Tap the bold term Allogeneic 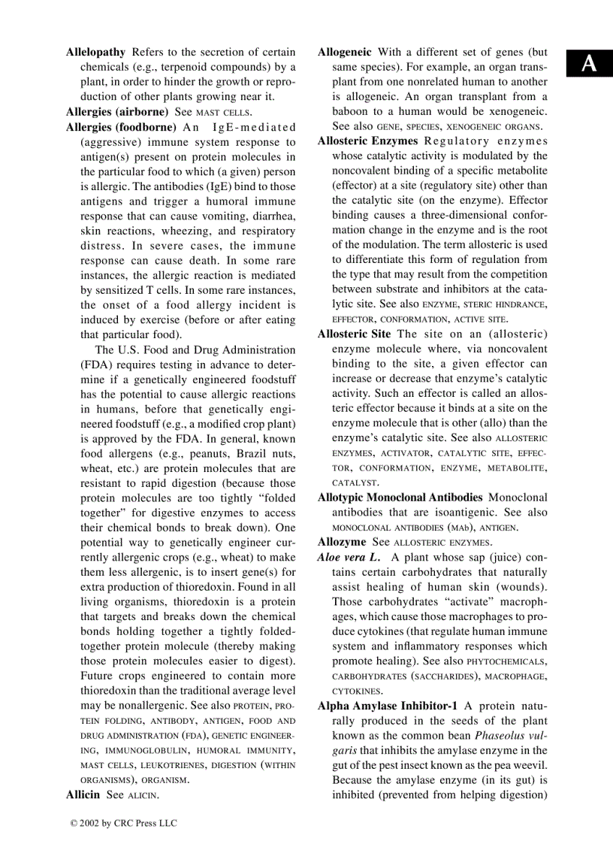tap(344, 53)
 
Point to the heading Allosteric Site tap(354, 334)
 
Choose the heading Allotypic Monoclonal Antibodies tap(400, 497)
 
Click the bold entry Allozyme tap(342, 541)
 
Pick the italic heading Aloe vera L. tap(349, 556)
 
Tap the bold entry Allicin tap(83, 794)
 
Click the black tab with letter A tap(590, 65)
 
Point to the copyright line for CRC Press tap(123, 823)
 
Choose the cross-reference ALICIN tap(141, 794)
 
